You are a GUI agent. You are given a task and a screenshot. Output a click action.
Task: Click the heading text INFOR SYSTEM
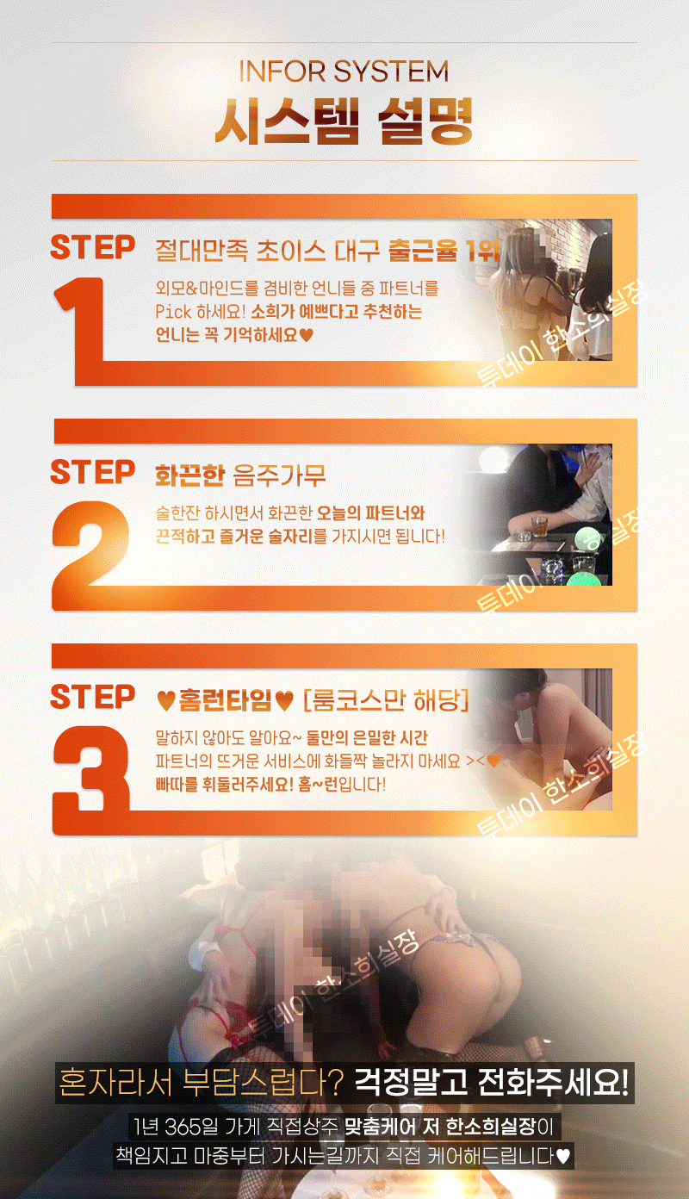click(x=343, y=71)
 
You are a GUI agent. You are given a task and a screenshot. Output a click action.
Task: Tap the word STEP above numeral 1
click(x=92, y=247)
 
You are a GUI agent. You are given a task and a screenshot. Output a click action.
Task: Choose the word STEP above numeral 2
click(x=92, y=472)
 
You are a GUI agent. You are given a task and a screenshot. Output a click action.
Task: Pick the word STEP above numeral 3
click(x=92, y=697)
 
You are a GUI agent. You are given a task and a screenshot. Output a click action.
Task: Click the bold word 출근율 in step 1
click(x=422, y=250)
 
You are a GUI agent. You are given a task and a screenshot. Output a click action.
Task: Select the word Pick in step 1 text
click(x=173, y=312)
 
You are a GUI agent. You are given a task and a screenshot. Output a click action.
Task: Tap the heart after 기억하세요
click(x=306, y=336)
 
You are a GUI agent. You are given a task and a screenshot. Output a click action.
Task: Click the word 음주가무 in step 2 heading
click(x=279, y=475)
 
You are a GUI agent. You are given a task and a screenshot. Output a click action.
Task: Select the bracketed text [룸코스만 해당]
click(x=386, y=700)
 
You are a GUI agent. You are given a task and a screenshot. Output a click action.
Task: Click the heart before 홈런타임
click(x=166, y=701)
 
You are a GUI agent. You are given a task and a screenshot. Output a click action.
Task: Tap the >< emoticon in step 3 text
click(x=475, y=761)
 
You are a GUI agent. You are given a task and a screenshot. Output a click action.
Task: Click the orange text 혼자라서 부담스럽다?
click(x=201, y=1083)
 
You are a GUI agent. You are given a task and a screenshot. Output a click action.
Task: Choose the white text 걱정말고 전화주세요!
click(x=492, y=1083)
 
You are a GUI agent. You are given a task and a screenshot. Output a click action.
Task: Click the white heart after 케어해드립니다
click(x=563, y=1157)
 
